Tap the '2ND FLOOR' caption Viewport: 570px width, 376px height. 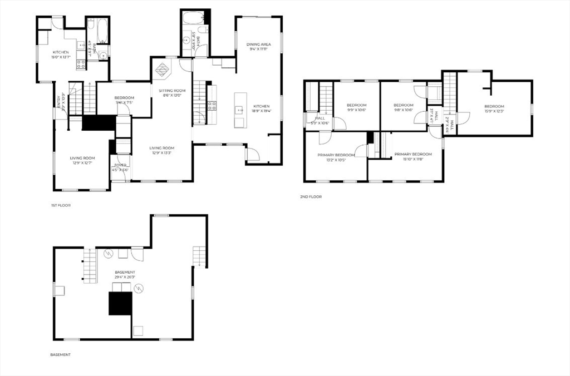pyautogui.click(x=311, y=196)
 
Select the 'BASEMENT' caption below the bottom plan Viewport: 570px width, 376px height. pyautogui.click(x=60, y=354)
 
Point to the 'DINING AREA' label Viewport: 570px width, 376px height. pyautogui.click(x=258, y=44)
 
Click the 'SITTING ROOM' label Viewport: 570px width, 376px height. pyautogui.click(x=172, y=90)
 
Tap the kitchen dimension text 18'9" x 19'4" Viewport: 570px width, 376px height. pyautogui.click(x=261, y=111)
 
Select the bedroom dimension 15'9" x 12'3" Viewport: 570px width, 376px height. pyautogui.click(x=494, y=111)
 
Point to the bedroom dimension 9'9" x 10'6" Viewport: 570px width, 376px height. pyautogui.click(x=357, y=110)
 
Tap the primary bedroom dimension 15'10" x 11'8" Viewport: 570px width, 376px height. pyautogui.click(x=413, y=159)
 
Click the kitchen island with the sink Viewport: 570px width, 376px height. pyautogui.click(x=239, y=110)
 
